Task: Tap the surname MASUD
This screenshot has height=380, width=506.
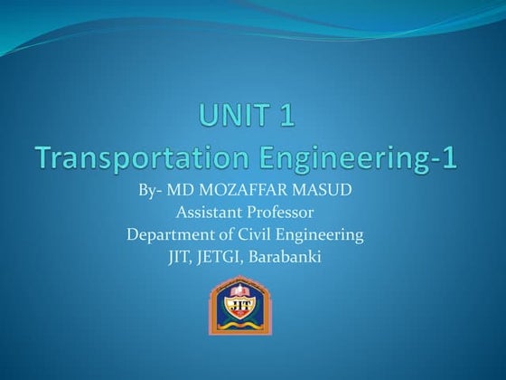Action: point(323,192)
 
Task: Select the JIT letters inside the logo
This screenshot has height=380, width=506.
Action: point(240,305)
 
